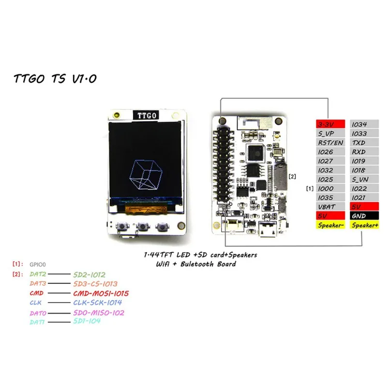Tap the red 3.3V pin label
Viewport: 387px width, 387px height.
point(330,124)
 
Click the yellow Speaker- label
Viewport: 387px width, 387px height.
point(330,225)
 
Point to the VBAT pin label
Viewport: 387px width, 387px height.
point(330,207)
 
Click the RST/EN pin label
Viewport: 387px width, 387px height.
point(330,143)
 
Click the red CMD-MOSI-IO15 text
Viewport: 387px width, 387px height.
point(101,293)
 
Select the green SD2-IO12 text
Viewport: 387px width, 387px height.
point(95,275)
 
